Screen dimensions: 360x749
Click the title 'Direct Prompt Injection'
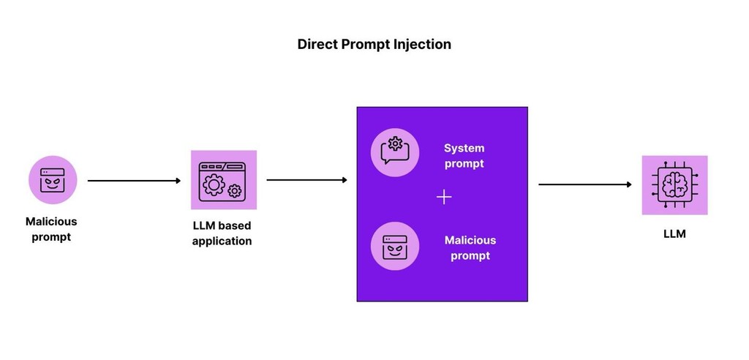374,44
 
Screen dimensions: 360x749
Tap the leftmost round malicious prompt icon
53,180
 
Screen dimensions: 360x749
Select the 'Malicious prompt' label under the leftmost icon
51,229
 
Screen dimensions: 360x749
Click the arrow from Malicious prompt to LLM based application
133,180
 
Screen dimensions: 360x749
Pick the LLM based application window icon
223,180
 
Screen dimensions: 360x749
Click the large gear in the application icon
214,184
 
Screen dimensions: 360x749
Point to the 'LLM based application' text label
222,233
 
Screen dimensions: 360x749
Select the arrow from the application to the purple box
306,180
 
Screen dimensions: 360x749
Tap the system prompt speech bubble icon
395,152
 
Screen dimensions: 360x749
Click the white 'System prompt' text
464,156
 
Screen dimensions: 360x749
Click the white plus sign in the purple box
444,198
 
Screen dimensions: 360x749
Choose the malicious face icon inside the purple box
395,246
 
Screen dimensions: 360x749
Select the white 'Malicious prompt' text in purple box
470,248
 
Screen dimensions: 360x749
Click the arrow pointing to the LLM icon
584,184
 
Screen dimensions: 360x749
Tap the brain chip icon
674,184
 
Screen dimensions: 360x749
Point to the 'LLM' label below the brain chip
674,235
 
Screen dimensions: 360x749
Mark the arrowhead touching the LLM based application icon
177,180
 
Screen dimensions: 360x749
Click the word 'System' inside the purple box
464,149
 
